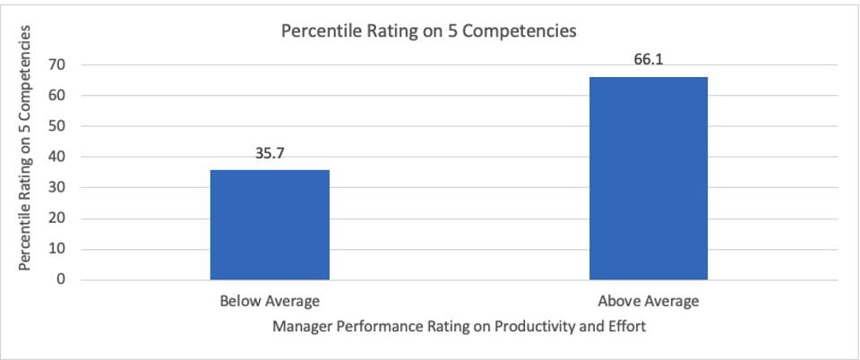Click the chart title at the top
click(x=428, y=31)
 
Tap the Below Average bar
click(x=270, y=225)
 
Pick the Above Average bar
click(x=648, y=178)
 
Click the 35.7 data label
click(x=270, y=153)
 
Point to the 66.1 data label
click(x=648, y=60)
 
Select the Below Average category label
click(x=270, y=301)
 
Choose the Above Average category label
click(x=648, y=301)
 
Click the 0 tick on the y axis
click(x=62, y=280)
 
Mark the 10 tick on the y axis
click(x=58, y=250)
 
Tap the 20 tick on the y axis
click(x=58, y=219)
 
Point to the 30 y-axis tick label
click(x=58, y=188)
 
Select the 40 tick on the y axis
click(x=58, y=157)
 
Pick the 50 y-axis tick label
click(x=58, y=126)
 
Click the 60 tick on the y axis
click(x=58, y=96)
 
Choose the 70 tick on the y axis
click(x=58, y=64)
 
